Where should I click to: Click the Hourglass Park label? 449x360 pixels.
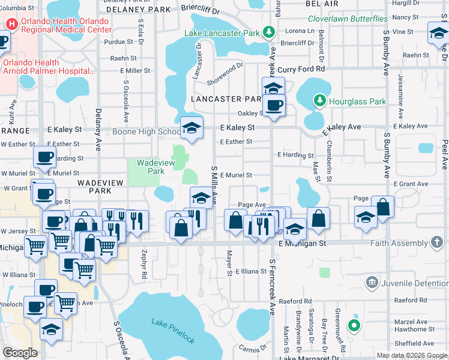click(x=358, y=101)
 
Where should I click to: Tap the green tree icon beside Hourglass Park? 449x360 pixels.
click(x=321, y=101)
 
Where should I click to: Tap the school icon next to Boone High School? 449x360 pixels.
click(x=192, y=128)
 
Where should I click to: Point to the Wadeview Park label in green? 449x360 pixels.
click(x=150, y=166)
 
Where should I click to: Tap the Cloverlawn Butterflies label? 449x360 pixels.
click(x=348, y=19)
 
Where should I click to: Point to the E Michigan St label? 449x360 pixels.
click(x=303, y=244)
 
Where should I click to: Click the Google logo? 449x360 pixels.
click(x=20, y=353)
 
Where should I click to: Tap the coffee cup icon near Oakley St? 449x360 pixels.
click(x=274, y=105)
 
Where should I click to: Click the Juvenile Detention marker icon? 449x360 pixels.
click(x=371, y=281)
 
